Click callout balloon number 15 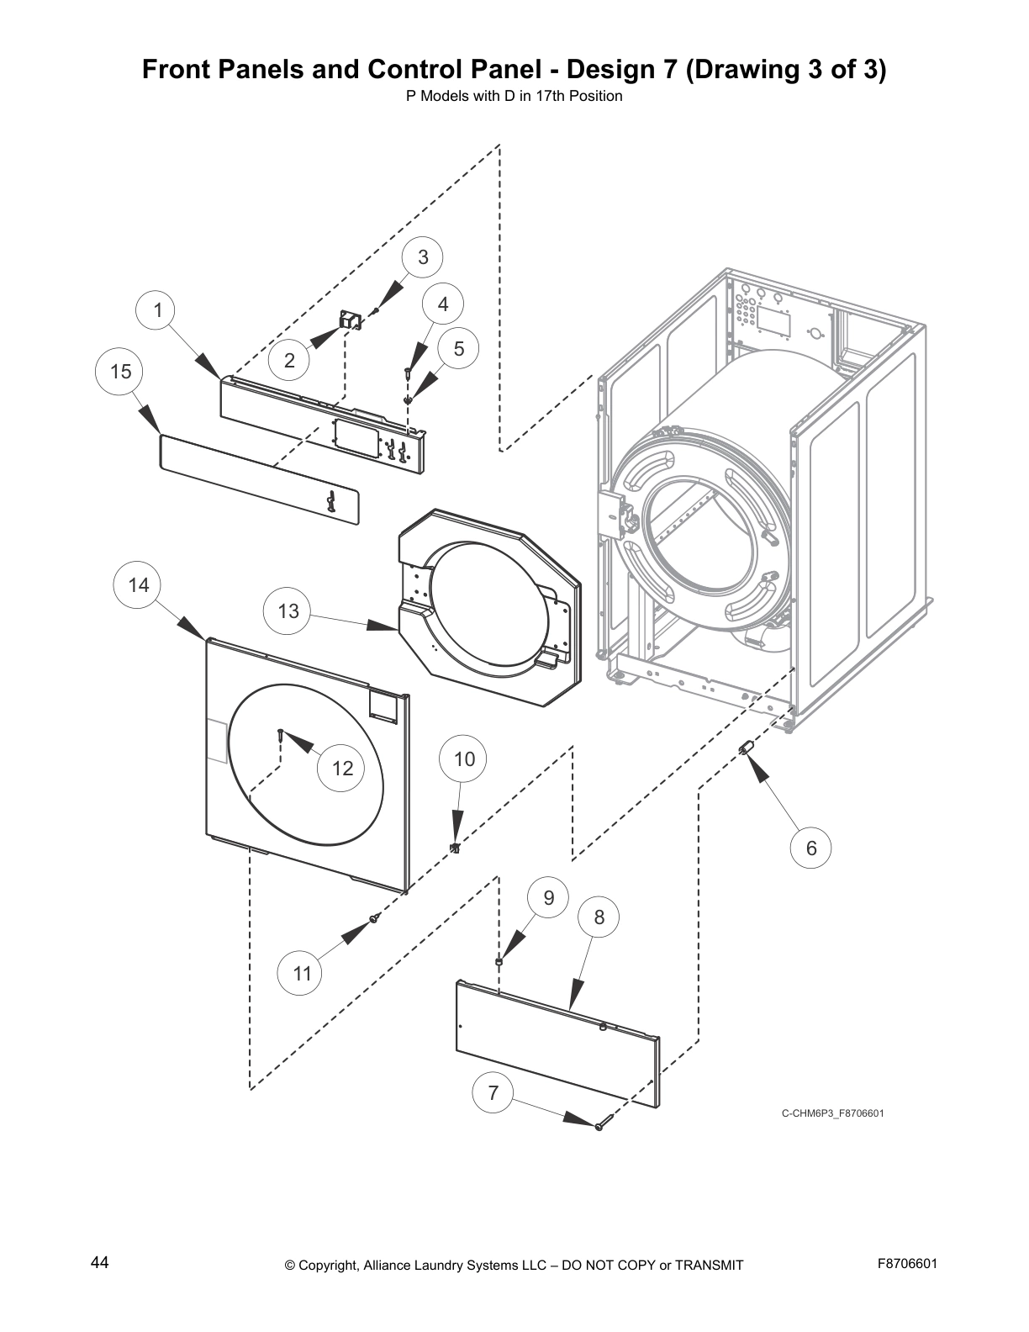pyautogui.click(x=121, y=371)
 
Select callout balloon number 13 pyautogui.click(x=288, y=610)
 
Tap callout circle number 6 pyautogui.click(x=811, y=848)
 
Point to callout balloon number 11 pyautogui.click(x=303, y=973)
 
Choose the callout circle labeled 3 pyautogui.click(x=423, y=256)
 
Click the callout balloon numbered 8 pyautogui.click(x=599, y=917)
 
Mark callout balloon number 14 pyautogui.click(x=139, y=584)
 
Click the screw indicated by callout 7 pyautogui.click(x=601, y=1125)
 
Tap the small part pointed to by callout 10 pyautogui.click(x=455, y=847)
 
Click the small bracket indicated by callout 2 pyautogui.click(x=349, y=320)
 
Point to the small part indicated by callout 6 pyautogui.click(x=745, y=748)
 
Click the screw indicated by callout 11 pyautogui.click(x=373, y=920)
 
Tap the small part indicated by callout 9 pyautogui.click(x=499, y=960)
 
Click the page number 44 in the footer pyautogui.click(x=100, y=1263)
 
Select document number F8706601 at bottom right pyautogui.click(x=908, y=1263)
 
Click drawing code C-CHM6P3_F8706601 pyautogui.click(x=832, y=1113)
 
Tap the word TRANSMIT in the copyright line pyautogui.click(x=704, y=1265)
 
